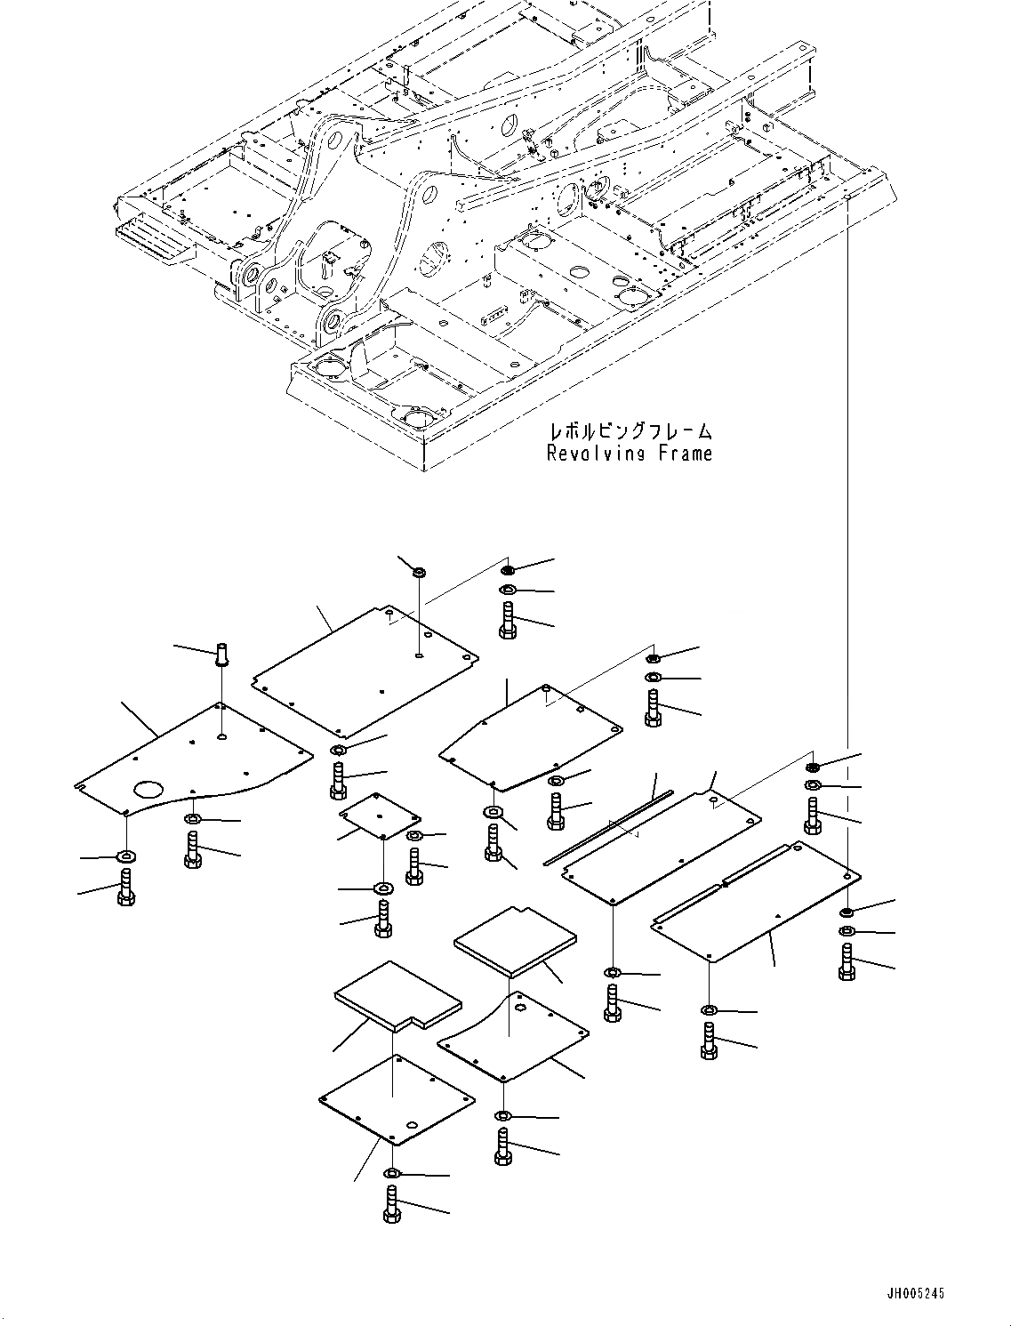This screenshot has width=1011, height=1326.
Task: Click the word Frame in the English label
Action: pos(685,454)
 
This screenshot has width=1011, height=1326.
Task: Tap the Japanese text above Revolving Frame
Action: pos(630,432)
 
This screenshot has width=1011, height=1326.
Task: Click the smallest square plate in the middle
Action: pos(380,815)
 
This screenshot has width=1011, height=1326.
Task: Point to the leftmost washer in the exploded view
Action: pos(125,856)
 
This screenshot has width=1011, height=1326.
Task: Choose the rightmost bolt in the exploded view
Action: pos(847,962)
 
